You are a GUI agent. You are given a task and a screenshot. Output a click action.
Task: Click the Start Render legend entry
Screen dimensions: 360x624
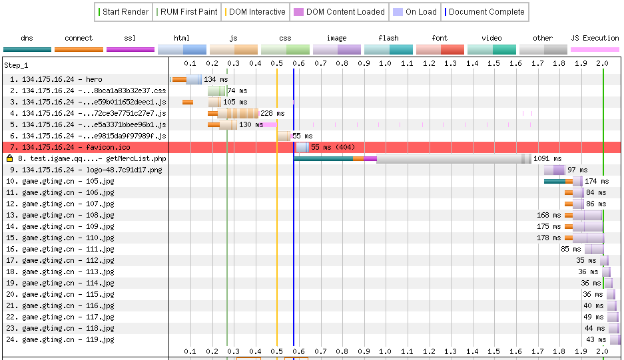(x=123, y=12)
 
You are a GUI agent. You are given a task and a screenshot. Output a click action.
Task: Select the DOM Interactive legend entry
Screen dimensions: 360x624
(x=256, y=12)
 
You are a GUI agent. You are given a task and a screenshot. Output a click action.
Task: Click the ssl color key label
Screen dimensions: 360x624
(x=131, y=38)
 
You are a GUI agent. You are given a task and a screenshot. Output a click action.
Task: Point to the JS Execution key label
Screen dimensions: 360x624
(x=595, y=38)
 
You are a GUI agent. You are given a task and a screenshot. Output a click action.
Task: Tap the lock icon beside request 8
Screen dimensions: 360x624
(x=9, y=158)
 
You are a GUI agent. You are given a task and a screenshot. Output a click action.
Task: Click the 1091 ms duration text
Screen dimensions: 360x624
(x=546, y=159)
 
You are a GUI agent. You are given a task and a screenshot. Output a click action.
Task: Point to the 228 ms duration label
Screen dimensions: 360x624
(x=272, y=113)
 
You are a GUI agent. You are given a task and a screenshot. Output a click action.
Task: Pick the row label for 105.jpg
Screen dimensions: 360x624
(x=60, y=181)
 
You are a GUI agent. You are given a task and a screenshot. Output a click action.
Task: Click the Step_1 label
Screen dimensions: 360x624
(x=15, y=65)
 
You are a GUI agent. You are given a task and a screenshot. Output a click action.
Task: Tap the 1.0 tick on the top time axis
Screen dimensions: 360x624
(x=385, y=63)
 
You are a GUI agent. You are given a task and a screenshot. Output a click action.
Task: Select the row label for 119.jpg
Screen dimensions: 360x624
(x=60, y=339)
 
